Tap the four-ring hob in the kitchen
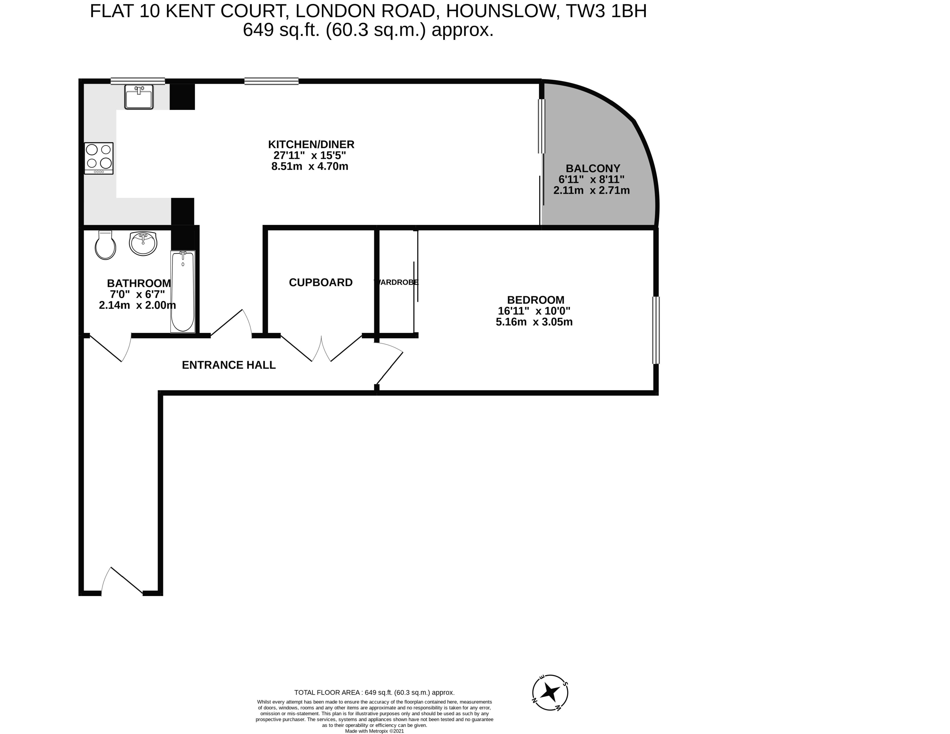(x=99, y=158)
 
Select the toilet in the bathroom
(x=105, y=245)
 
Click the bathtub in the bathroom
(x=183, y=291)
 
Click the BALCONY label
(x=593, y=168)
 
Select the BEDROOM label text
(x=536, y=300)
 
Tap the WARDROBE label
(x=396, y=282)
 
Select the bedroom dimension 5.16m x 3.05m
(x=534, y=322)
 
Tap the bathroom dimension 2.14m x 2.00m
(x=138, y=305)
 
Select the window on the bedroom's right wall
(x=656, y=330)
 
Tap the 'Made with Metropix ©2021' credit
(x=375, y=731)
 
